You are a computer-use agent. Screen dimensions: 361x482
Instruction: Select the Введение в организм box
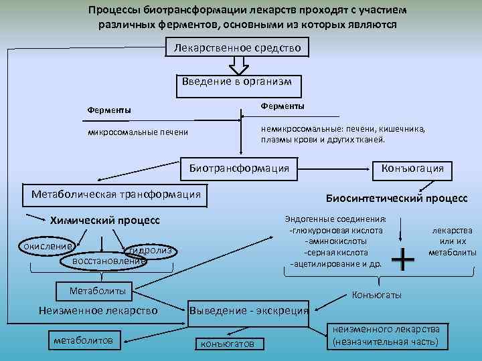click(238, 82)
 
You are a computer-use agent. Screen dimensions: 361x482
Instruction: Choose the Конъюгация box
click(412, 168)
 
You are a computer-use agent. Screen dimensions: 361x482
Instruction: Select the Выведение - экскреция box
click(250, 310)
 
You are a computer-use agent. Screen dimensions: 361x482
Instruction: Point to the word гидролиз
click(151, 250)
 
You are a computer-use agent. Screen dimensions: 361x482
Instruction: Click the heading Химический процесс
click(106, 220)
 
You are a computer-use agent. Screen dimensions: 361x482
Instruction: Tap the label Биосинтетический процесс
click(396, 199)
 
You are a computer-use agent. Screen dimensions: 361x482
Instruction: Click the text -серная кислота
click(335, 253)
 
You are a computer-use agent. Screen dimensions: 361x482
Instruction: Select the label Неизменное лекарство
click(98, 310)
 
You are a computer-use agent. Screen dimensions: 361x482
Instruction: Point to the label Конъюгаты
click(377, 295)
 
